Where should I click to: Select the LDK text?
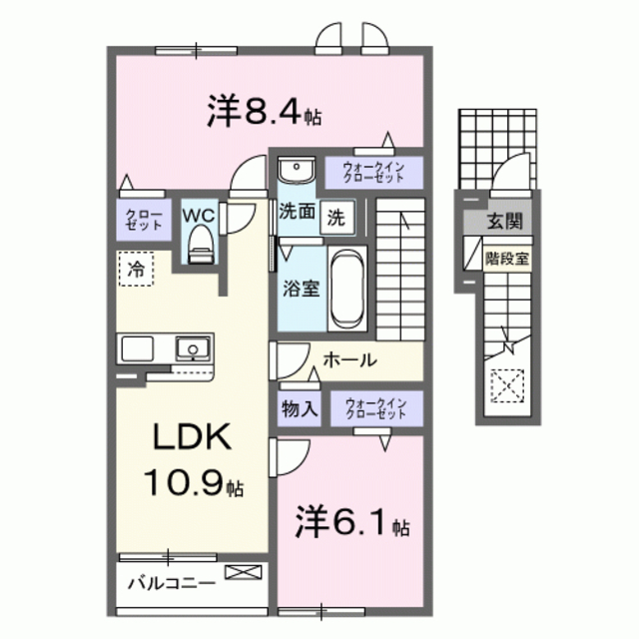(193, 438)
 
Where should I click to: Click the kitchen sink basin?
(190, 348)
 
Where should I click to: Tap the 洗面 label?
(297, 213)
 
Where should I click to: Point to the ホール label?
(348, 359)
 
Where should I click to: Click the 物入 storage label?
(297, 407)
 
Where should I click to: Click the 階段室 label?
(507, 256)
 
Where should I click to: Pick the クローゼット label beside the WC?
(139, 220)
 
